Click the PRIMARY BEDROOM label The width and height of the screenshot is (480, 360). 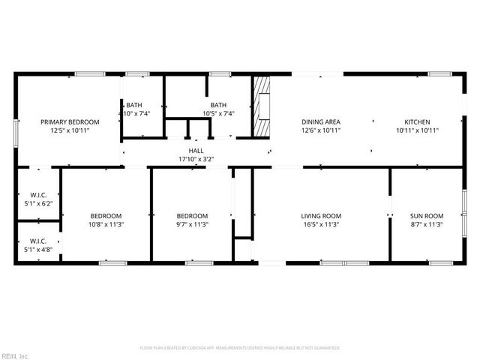(x=70, y=121)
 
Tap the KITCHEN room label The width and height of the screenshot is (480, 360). (x=417, y=121)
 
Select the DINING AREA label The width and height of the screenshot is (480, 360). (x=321, y=121)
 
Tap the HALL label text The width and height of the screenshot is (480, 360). (x=196, y=151)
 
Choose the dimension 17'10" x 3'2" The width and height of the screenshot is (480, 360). (x=196, y=159)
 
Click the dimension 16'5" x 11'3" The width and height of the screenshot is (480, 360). (x=321, y=223)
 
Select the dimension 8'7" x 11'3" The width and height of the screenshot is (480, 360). (x=427, y=223)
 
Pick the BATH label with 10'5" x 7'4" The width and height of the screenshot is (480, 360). (x=218, y=105)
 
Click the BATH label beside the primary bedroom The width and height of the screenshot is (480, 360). (x=134, y=105)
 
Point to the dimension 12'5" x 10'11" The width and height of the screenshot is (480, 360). (x=70, y=130)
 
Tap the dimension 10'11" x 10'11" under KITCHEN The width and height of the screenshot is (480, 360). (x=417, y=130)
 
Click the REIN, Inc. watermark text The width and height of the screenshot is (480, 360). (x=14, y=355)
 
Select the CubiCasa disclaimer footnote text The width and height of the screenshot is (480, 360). (x=240, y=348)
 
